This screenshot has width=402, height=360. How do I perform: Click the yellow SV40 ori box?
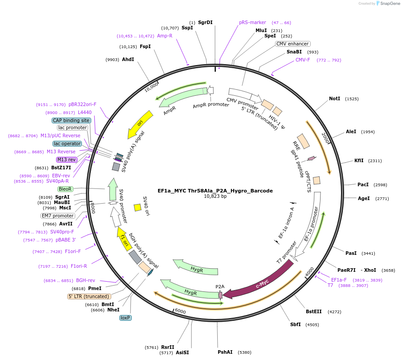(x=138, y=208)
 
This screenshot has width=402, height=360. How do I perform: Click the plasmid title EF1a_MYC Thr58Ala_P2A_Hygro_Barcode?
(x=215, y=191)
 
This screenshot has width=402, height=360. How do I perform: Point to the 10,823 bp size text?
(x=215, y=196)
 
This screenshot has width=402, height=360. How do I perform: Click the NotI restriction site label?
(x=334, y=98)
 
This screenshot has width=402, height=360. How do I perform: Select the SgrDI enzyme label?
(x=205, y=22)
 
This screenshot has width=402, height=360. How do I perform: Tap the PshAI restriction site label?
(x=225, y=352)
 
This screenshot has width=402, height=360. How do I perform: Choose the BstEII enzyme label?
(x=313, y=311)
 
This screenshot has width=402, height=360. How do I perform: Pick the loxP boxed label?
(x=126, y=318)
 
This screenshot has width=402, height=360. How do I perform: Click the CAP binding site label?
(x=71, y=120)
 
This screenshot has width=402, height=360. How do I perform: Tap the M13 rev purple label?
(x=66, y=160)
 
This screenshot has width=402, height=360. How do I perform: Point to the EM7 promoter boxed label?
(x=57, y=216)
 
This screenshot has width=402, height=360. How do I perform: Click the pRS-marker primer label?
(x=252, y=22)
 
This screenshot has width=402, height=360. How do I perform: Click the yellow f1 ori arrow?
(x=124, y=239)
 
